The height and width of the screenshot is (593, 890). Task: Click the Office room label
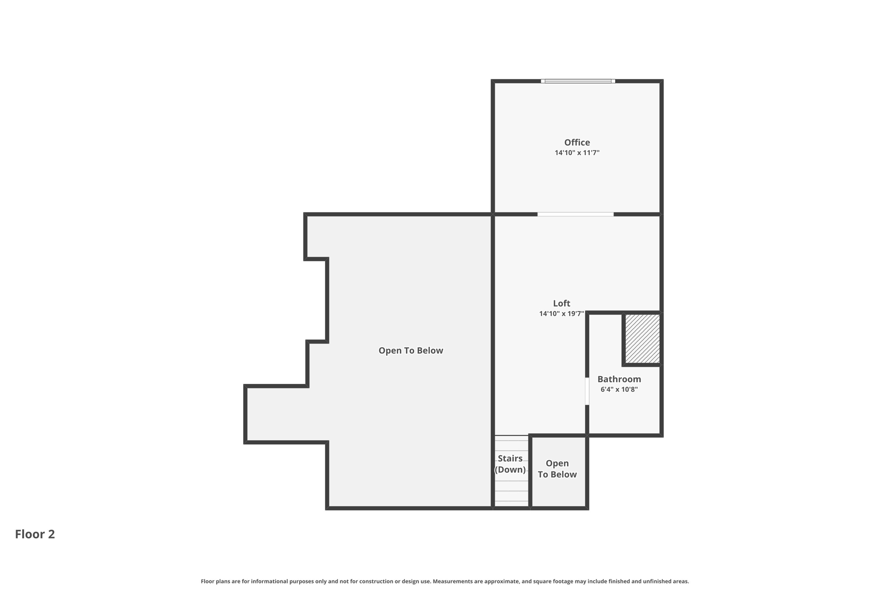[577, 142]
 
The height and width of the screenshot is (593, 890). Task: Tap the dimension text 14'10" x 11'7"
[577, 153]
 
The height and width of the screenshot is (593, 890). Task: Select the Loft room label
[561, 304]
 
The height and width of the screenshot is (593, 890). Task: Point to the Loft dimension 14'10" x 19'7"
[561, 314]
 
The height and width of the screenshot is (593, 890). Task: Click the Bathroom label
[619, 379]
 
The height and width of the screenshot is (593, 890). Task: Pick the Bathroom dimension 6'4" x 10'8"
[619, 390]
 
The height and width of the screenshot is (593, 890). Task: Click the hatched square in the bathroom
[642, 339]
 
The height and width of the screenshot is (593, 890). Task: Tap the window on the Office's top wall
[578, 81]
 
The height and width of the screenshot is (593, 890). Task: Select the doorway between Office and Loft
[575, 214]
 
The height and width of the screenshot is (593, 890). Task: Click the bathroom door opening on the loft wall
[587, 391]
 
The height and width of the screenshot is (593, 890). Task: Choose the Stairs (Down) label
[510, 464]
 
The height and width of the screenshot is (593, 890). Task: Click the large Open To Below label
[411, 351]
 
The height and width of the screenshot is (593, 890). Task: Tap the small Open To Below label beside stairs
[557, 469]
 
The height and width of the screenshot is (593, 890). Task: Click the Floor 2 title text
[35, 534]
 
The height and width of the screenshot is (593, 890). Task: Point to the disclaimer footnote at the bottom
[445, 581]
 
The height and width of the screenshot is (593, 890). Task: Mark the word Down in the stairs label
[510, 470]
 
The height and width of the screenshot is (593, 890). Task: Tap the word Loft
[561, 304]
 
